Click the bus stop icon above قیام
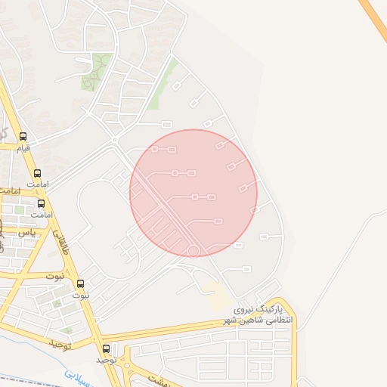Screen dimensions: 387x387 tap(23, 137)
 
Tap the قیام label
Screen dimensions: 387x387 tap(23, 148)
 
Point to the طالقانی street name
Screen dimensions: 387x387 tap(60, 243)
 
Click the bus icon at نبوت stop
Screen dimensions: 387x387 tap(82, 284)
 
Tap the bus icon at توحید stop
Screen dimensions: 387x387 tap(106, 349)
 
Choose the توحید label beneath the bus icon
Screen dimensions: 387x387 tap(105, 360)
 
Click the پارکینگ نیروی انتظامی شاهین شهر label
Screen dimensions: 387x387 tap(257, 315)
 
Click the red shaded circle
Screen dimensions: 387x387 tap(193, 193)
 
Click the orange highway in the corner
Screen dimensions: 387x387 tap(374, 19)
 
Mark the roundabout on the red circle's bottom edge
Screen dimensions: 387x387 tap(193, 251)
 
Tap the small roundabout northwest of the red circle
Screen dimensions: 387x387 tap(114, 140)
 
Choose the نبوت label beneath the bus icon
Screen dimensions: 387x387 tap(80, 296)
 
